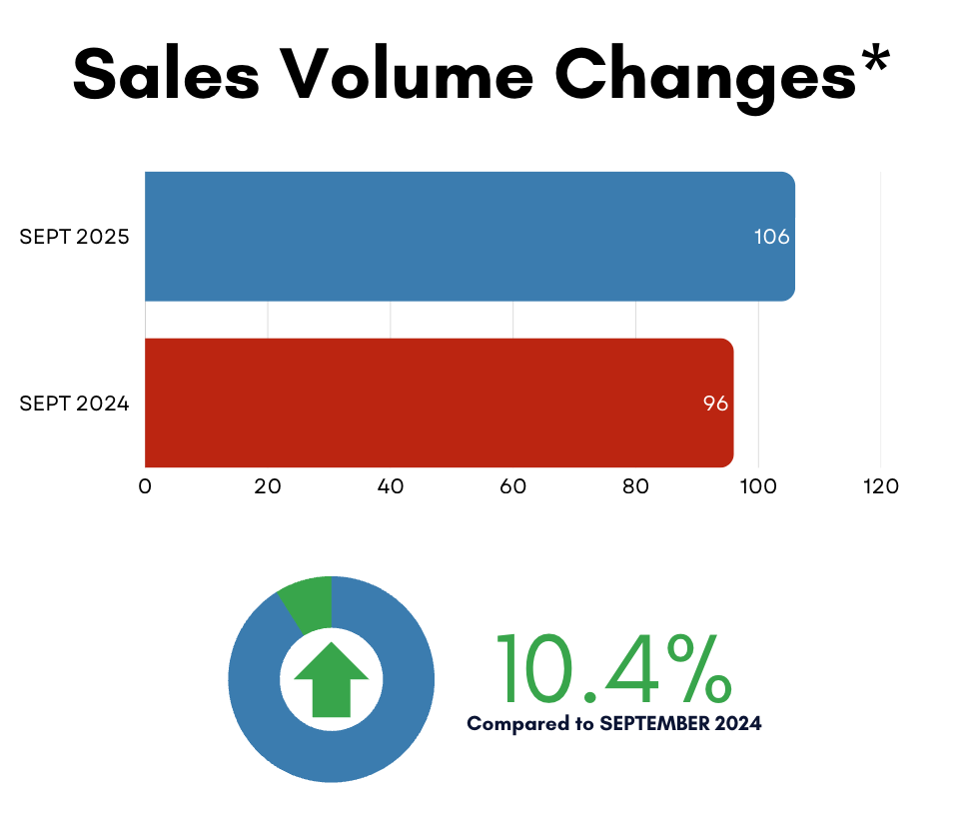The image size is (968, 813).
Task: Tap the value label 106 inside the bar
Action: click(771, 238)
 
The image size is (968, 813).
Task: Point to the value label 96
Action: click(714, 405)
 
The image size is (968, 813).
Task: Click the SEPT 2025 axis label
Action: click(75, 238)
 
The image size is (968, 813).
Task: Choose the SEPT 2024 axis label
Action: click(75, 405)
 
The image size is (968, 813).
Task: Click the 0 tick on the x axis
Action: click(145, 486)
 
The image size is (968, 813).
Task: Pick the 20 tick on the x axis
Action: click(268, 486)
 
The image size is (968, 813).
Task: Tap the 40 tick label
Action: click(391, 486)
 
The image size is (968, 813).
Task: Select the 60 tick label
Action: click(513, 486)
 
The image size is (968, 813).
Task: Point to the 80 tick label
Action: click(636, 486)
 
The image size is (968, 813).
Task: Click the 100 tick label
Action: click(758, 486)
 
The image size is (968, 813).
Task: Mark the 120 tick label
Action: click(881, 486)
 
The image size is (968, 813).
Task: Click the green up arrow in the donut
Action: click(331, 678)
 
